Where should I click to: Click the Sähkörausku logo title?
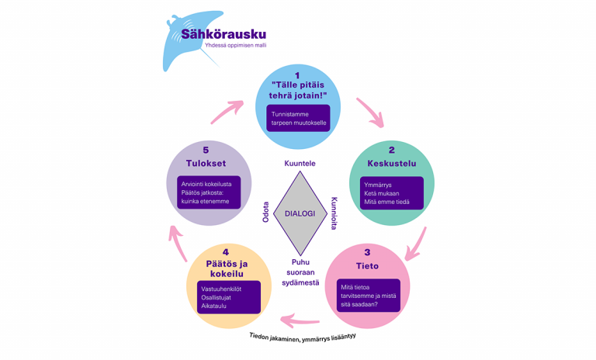click(x=223, y=34)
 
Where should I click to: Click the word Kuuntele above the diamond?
click(x=300, y=164)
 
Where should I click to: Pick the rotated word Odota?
click(x=265, y=213)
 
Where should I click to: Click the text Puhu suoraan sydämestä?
click(x=300, y=272)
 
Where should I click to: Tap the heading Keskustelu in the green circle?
click(x=391, y=164)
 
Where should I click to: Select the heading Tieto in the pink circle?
click(x=367, y=266)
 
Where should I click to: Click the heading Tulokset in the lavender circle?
click(x=206, y=163)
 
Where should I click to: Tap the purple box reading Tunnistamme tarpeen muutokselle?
click(x=299, y=118)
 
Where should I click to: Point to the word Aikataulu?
click(x=214, y=306)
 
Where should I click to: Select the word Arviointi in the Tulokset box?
click(x=196, y=184)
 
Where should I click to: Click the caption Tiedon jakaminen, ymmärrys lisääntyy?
click(x=308, y=340)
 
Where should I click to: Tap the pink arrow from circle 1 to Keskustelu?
click(x=369, y=112)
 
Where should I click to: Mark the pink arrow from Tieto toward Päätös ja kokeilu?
click(x=301, y=319)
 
